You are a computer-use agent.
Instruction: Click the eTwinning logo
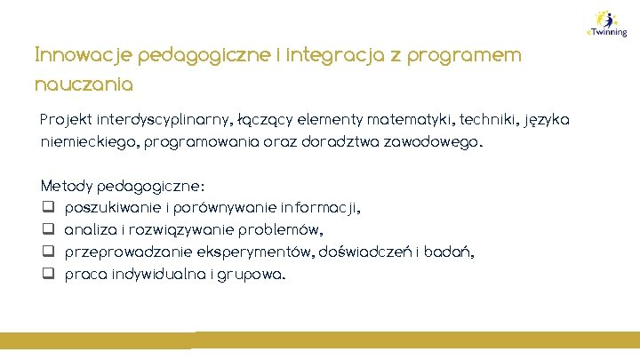(607, 23)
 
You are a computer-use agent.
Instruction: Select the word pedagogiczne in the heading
(187, 55)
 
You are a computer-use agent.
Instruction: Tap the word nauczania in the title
(84, 85)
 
